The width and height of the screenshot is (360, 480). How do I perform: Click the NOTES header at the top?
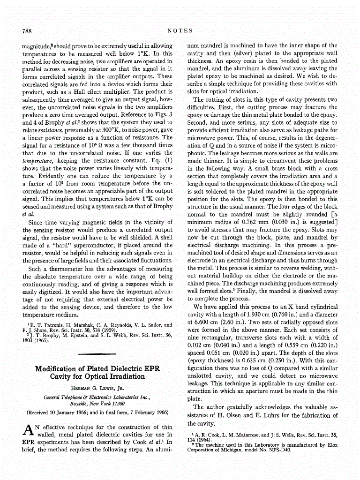click(180, 31)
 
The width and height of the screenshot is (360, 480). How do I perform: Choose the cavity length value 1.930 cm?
click(257, 315)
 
